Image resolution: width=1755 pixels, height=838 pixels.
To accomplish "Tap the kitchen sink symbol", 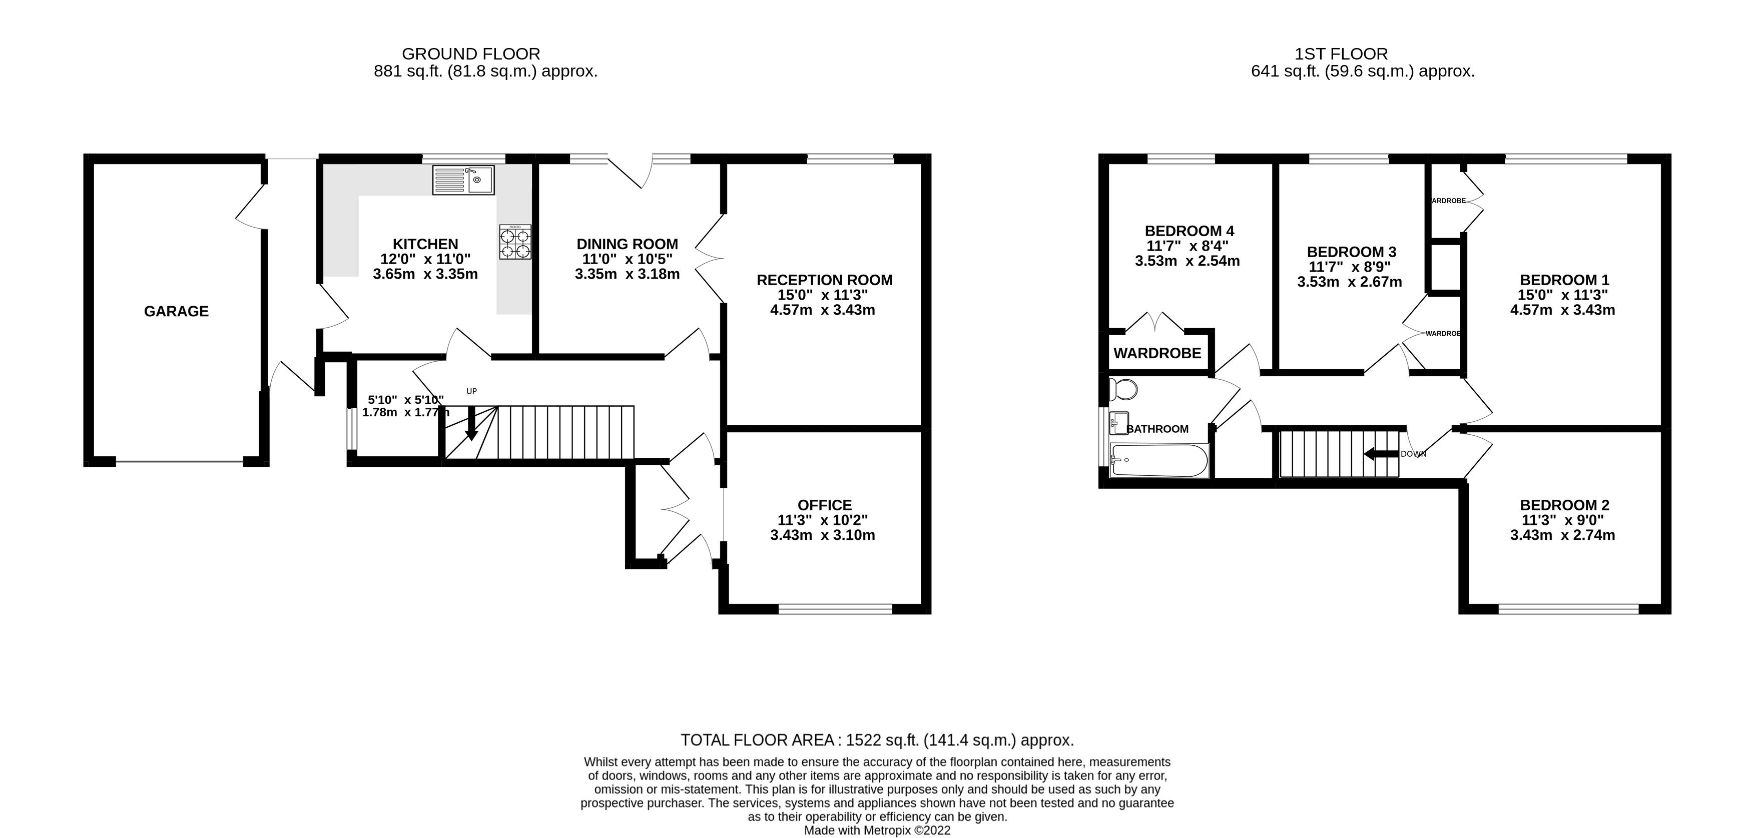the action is click(x=463, y=180).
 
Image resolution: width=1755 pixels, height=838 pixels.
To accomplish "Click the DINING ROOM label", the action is click(x=628, y=244).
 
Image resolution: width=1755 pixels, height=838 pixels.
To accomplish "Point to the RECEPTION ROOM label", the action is click(x=824, y=280).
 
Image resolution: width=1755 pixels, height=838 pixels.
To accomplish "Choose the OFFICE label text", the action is click(x=824, y=505).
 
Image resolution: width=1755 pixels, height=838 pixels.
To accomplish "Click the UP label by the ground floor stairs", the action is click(x=471, y=391).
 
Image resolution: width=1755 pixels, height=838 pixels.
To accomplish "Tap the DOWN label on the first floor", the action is click(x=1413, y=454).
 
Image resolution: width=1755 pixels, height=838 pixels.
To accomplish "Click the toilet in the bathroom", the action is click(x=1123, y=390).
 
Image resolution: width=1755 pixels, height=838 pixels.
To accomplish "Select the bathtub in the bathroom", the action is click(x=1159, y=461).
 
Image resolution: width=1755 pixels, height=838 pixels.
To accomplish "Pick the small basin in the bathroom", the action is click(x=1118, y=423).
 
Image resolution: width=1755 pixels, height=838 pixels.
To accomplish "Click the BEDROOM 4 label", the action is click(x=1190, y=231).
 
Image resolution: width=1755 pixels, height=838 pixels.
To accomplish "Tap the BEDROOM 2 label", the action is click(x=1565, y=505).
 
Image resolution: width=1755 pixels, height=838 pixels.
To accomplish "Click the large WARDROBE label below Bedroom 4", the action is click(x=1157, y=354).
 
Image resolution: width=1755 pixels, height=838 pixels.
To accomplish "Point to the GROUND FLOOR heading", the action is click(x=471, y=54).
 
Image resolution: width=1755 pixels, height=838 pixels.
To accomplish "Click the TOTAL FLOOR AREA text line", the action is click(x=878, y=740).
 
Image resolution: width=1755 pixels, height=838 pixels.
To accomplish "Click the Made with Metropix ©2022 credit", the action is click(x=878, y=830).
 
